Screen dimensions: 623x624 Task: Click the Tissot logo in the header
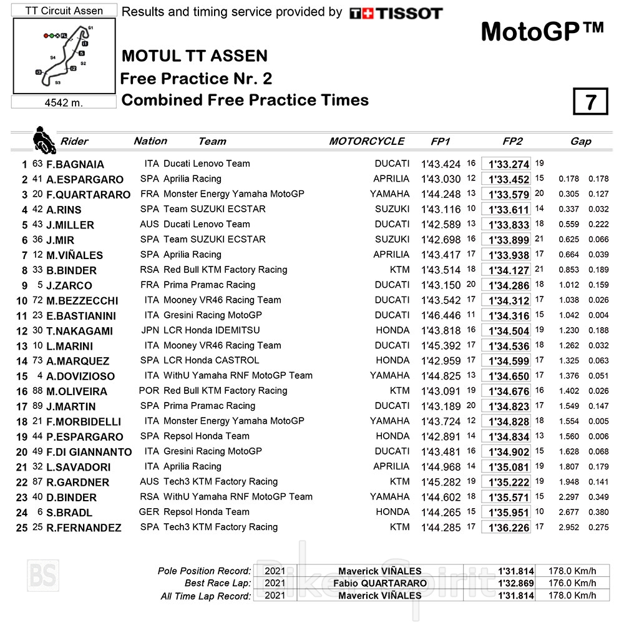[396, 13]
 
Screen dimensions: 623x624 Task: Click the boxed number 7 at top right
[590, 102]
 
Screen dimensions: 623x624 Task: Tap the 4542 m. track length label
[64, 102]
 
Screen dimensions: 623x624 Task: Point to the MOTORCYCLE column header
[367, 141]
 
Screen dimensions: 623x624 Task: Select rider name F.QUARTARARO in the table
[88, 194]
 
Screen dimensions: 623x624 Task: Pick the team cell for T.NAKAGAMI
[212, 330]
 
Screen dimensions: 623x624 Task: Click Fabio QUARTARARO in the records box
[379, 583]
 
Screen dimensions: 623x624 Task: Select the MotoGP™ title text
[542, 32]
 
